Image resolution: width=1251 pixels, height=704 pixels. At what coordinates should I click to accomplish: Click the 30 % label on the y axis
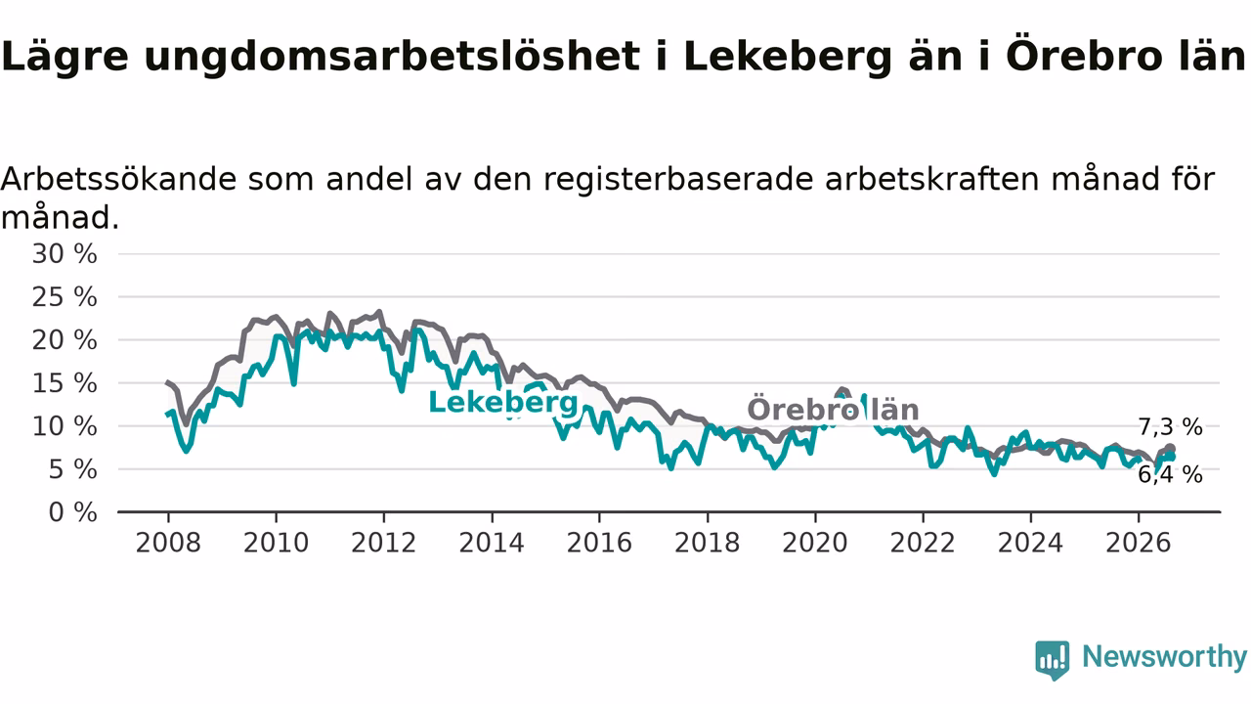[65, 254]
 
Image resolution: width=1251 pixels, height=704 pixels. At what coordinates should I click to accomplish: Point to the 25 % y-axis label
[65, 297]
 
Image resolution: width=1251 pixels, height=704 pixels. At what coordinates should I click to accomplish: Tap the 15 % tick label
[65, 383]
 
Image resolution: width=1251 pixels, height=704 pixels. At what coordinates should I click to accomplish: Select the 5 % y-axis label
[72, 470]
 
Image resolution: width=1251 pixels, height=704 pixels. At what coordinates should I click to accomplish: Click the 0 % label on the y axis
[72, 512]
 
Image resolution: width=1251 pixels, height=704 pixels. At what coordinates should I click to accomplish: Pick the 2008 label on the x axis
[168, 543]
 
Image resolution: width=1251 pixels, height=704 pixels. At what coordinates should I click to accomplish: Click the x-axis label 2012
[384, 543]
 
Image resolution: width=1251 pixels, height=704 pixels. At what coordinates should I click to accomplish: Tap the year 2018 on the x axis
[707, 543]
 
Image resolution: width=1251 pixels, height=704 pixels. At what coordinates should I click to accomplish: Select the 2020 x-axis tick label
[815, 543]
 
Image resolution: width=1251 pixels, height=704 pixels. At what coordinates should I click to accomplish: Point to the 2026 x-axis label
[1139, 543]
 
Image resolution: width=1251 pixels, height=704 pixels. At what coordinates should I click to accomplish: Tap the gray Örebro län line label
[834, 410]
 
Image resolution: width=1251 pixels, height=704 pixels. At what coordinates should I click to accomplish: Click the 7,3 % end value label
[1171, 427]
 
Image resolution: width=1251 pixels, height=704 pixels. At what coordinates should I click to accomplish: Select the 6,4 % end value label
[1171, 475]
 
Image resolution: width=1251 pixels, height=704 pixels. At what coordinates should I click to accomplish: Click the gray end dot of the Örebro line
[1170, 449]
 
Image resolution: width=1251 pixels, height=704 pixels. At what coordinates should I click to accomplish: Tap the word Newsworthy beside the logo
[1164, 657]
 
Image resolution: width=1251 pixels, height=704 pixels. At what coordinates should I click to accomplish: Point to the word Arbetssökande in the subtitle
[119, 180]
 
